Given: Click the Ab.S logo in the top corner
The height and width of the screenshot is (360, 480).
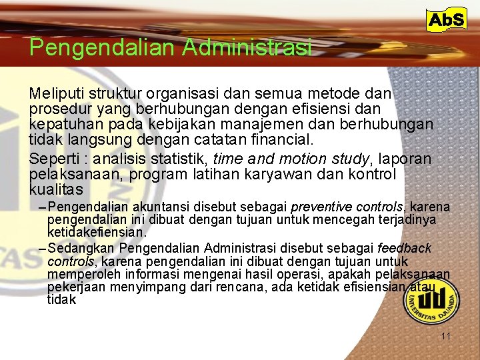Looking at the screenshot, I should [446, 20].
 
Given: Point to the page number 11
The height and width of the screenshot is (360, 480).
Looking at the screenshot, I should [446, 336].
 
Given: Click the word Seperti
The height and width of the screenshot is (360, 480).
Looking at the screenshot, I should [56, 159].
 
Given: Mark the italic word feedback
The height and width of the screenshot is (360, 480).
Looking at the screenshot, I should [404, 248].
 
